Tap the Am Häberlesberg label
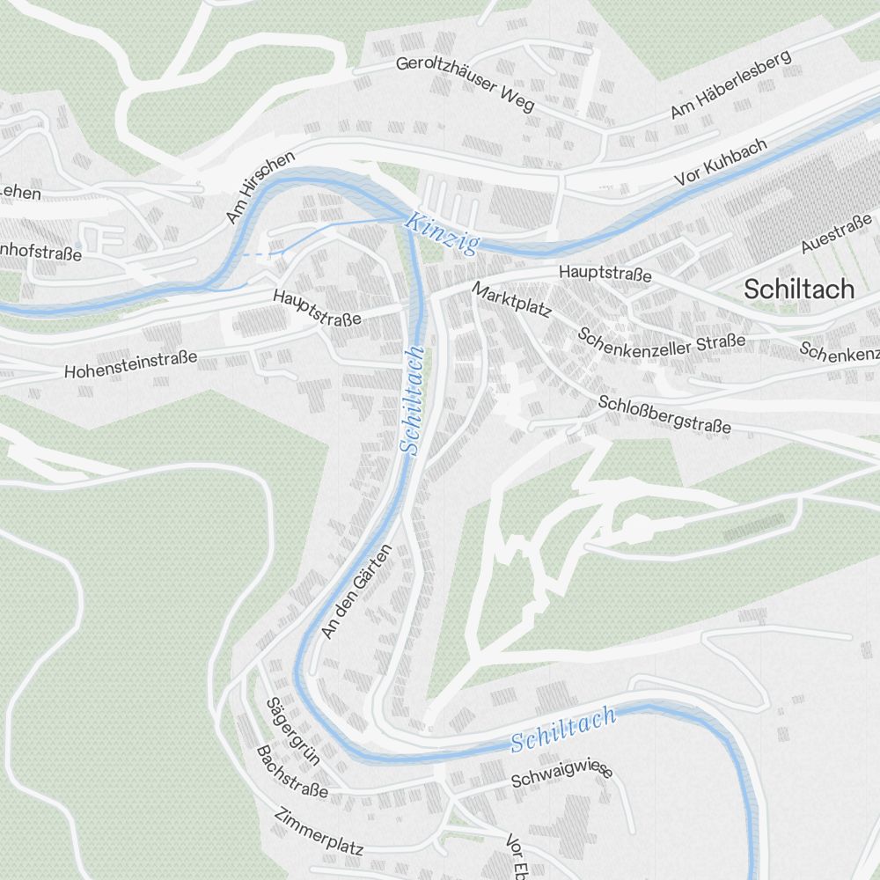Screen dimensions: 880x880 (730, 84)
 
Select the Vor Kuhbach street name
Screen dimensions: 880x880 (721, 161)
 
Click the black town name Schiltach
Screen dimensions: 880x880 (798, 289)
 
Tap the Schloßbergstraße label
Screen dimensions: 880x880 (664, 414)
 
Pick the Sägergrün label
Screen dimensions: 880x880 (291, 730)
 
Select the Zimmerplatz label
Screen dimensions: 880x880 (319, 832)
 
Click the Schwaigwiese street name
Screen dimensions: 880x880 (561, 776)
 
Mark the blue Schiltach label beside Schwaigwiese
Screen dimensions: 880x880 (563, 730)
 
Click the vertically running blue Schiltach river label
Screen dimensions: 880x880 (412, 400)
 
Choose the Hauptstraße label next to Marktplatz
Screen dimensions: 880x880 (605, 275)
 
